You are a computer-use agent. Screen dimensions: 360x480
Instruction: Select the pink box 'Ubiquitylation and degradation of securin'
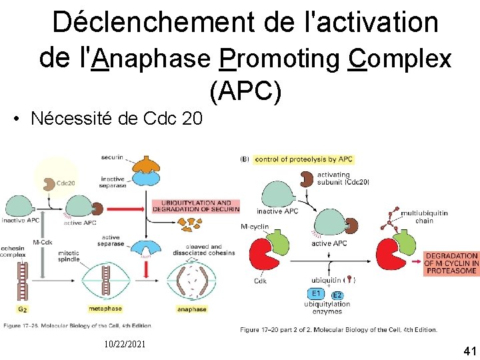(195, 206)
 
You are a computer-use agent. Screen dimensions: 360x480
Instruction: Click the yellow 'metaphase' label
(105, 309)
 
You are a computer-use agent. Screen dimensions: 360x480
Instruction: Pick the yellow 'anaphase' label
(191, 309)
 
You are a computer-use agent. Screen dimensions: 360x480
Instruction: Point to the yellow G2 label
(23, 309)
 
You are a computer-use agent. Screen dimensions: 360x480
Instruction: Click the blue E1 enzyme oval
(316, 293)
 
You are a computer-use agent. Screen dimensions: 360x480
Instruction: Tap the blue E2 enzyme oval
(337, 295)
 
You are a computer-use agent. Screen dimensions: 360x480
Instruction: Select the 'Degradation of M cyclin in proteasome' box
(451, 263)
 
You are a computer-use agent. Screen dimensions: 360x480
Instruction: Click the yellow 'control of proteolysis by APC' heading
(303, 159)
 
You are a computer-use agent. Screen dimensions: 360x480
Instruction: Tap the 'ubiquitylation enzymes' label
(327, 308)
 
